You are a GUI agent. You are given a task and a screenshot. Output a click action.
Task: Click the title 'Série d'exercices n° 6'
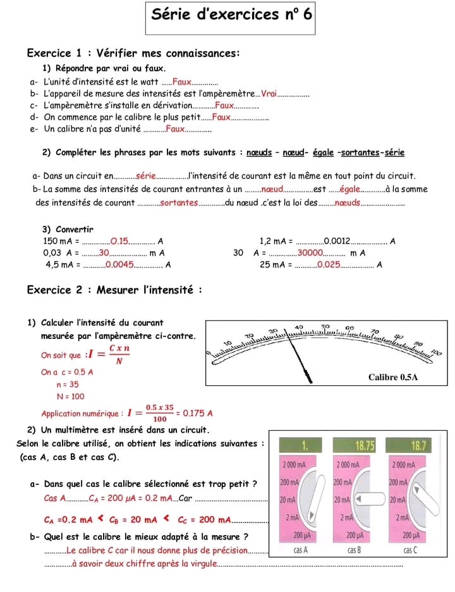[231, 15]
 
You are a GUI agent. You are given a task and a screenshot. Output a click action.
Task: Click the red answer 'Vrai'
[269, 93]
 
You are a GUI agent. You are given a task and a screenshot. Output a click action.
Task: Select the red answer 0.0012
[337, 241]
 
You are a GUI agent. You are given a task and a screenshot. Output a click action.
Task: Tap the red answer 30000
[310, 252]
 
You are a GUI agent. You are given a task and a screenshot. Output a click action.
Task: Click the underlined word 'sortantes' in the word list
[360, 152]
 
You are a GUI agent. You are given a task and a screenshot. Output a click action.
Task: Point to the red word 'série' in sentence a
[146, 176]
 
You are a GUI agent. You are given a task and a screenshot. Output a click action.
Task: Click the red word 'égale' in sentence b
[349, 189]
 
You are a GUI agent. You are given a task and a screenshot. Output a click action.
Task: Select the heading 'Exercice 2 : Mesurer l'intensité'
[114, 290]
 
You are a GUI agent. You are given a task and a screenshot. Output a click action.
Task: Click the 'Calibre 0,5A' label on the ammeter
[393, 377]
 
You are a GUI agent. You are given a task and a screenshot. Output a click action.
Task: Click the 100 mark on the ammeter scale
[437, 353]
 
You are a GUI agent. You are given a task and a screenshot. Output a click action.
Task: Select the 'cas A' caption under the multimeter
[300, 550]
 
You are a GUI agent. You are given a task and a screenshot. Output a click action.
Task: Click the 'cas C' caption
[411, 550]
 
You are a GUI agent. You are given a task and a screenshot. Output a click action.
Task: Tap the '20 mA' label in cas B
[342, 500]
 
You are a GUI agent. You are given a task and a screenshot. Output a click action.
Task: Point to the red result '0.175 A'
[198, 413]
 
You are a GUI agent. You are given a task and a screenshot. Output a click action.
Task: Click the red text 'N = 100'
[71, 397]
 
